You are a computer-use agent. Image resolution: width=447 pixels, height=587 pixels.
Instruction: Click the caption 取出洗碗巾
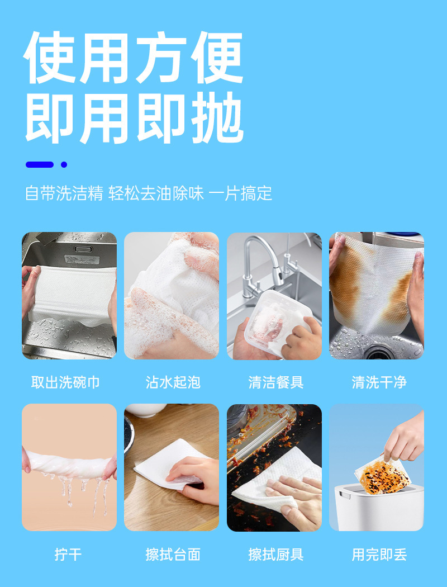[x=65, y=382]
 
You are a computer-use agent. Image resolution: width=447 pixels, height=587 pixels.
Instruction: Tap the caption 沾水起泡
[x=173, y=382]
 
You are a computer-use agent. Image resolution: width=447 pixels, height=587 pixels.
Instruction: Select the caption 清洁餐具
[x=275, y=382]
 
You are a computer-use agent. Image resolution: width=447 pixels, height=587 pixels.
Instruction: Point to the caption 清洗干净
[x=379, y=382]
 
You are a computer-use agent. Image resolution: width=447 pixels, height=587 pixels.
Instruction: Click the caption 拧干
[x=68, y=554]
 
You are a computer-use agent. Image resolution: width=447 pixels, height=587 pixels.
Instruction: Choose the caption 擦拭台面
[x=173, y=554]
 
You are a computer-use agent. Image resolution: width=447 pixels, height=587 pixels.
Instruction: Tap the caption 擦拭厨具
[x=275, y=554]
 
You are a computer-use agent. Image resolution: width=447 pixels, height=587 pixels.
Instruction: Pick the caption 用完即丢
[x=379, y=554]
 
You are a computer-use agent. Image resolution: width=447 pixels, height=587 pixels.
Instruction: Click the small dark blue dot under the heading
[x=64, y=164]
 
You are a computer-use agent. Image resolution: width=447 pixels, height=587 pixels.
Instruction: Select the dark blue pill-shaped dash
[x=40, y=164]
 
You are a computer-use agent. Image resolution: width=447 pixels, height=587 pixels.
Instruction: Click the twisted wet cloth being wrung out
[x=69, y=464]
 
